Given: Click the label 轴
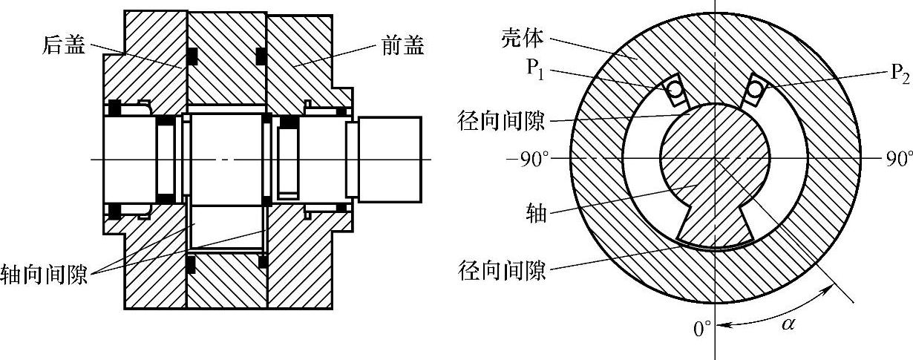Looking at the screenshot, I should point(535,215).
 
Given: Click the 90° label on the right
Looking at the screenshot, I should point(897,159).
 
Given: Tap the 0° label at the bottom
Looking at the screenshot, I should point(702,328).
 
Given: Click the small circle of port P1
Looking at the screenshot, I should point(675,90).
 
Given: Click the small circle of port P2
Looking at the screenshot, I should point(756,89).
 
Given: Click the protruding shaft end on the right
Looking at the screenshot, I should point(390,158).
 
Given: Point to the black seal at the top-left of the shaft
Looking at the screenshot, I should point(115,108).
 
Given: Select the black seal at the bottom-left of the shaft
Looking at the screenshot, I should point(115,212).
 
